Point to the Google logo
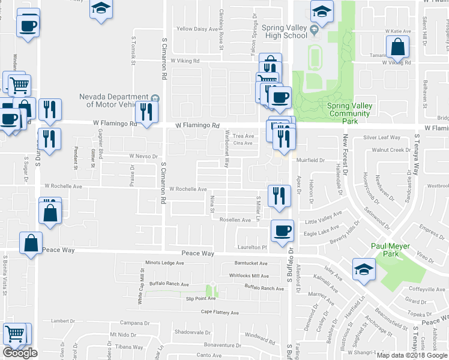pos(20,353)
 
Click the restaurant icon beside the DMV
pos(146,112)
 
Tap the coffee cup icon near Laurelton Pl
pos(282,230)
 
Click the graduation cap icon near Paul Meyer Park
pos(365,269)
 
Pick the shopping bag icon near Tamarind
pos(397,46)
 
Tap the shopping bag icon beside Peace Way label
pos(31,243)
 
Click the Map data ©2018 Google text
pos(412,355)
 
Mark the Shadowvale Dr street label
pos(191,332)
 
